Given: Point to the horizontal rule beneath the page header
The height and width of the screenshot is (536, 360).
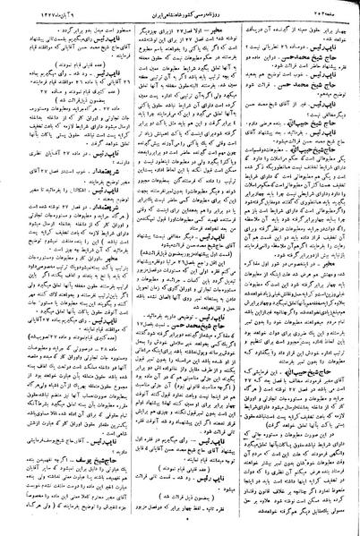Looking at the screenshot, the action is coord(180,14).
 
